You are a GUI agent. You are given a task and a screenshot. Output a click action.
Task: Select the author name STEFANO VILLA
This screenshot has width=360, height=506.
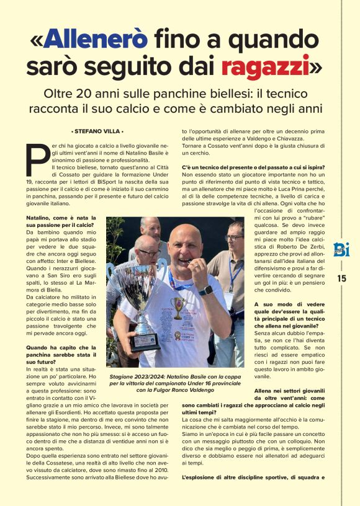97,131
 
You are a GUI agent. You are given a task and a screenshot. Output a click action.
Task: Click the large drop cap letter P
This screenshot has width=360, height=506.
38,162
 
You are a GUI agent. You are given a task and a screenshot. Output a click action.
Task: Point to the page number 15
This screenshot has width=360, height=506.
342,278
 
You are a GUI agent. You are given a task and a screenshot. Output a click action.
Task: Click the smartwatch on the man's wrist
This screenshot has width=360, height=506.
206,290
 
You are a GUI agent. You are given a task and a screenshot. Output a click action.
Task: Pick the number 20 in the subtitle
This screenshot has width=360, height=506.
84,94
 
